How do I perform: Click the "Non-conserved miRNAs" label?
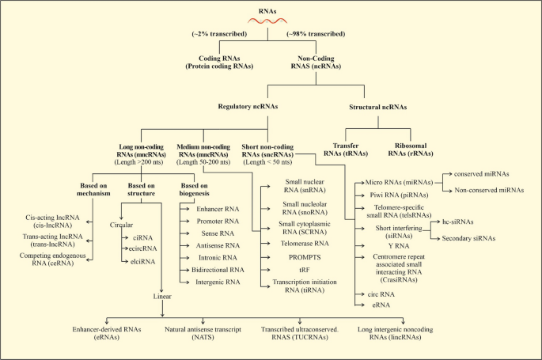[489, 190]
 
